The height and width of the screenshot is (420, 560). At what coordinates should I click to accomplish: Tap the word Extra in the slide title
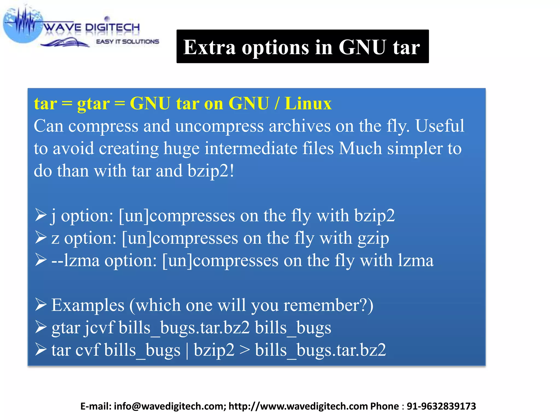click(209, 47)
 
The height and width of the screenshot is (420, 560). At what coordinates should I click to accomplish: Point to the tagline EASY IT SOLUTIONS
click(127, 42)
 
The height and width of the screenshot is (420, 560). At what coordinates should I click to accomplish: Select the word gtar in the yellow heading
click(93, 104)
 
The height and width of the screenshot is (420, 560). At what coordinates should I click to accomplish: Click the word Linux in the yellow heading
click(308, 104)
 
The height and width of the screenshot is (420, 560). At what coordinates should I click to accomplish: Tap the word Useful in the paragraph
click(440, 126)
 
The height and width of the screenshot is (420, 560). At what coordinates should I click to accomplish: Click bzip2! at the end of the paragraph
click(211, 171)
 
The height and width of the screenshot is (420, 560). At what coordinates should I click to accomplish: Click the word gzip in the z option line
click(374, 238)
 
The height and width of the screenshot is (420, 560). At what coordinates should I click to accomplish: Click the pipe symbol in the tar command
click(187, 350)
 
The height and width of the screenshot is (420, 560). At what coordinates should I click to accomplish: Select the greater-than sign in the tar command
click(244, 350)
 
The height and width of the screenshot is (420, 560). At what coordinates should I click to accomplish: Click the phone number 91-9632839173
click(441, 406)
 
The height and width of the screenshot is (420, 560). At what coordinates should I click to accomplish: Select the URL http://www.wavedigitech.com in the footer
click(298, 406)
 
